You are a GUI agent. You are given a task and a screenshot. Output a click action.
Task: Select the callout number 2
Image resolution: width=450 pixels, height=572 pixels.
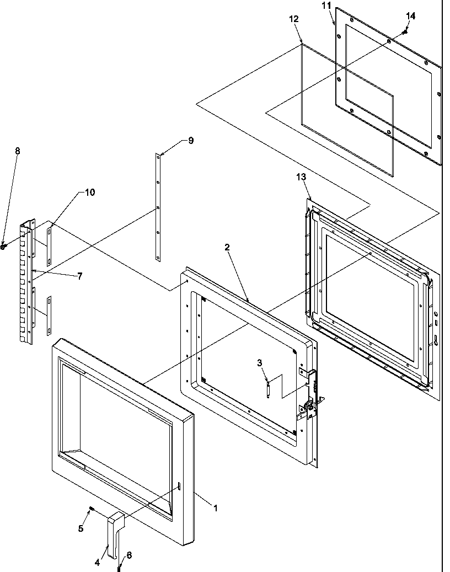[227, 248]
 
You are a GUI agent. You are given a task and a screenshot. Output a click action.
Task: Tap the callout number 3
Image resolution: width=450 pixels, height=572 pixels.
[259, 362]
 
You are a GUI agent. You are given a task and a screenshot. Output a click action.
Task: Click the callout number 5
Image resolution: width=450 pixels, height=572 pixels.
[81, 528]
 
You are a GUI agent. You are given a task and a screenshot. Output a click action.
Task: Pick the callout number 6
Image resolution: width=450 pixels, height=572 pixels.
[129, 555]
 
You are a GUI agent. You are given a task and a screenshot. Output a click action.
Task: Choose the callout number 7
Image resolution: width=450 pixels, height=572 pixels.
[79, 276]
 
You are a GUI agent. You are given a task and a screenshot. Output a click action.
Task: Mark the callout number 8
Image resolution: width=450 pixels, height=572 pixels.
[17, 151]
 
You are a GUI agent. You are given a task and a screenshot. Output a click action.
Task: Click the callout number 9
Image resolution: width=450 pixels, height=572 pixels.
[190, 141]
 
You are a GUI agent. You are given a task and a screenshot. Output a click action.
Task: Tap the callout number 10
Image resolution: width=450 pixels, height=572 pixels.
[89, 193]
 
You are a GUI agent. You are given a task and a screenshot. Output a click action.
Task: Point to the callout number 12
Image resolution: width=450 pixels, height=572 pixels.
[293, 19]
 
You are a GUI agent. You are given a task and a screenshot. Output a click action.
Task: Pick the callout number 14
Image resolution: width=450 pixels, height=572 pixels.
[410, 16]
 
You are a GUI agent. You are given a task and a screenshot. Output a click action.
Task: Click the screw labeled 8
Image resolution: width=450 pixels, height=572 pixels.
[4, 247]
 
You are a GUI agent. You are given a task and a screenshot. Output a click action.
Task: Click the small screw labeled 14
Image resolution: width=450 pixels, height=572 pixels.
[404, 32]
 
